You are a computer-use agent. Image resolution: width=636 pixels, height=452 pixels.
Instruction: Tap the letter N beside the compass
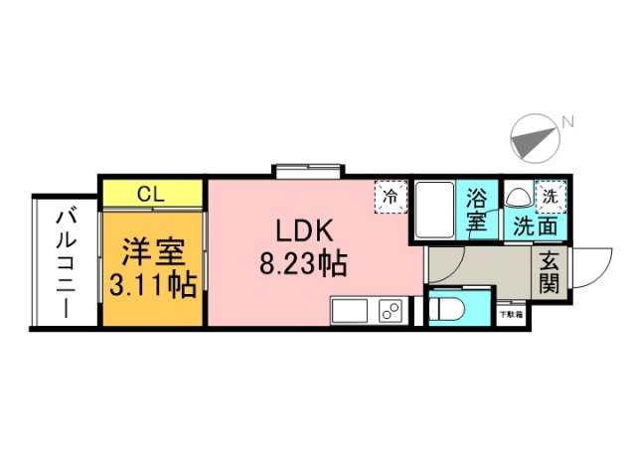tap(567, 122)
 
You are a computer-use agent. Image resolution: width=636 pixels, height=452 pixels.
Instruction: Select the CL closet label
tap(151, 193)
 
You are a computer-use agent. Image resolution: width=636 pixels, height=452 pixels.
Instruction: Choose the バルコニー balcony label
tap(66, 261)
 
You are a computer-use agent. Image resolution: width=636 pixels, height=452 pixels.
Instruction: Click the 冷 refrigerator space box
tap(391, 195)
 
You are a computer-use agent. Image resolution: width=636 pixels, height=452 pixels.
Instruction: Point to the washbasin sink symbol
tap(519, 196)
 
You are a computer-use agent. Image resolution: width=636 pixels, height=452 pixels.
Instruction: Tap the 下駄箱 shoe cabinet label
tap(511, 315)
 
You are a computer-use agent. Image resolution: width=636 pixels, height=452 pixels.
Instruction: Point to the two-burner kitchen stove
tap(389, 310)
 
